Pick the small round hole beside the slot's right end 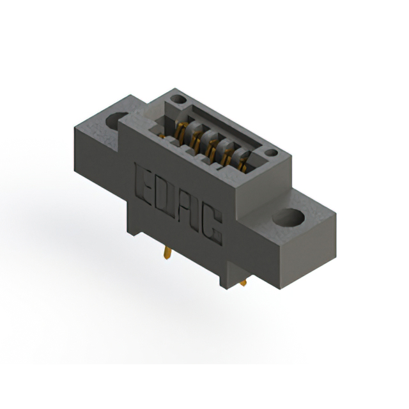tap(271, 153)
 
